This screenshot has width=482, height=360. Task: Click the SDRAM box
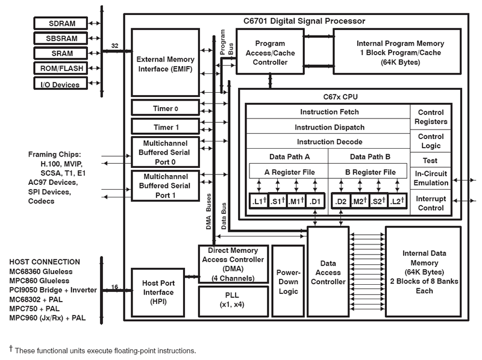click(x=60, y=24)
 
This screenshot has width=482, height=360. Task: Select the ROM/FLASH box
click(x=60, y=69)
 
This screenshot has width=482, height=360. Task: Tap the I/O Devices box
click(x=60, y=84)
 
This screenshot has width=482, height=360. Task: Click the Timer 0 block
click(x=165, y=108)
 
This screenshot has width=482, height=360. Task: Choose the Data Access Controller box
click(x=328, y=272)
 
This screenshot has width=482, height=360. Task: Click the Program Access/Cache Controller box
click(x=270, y=52)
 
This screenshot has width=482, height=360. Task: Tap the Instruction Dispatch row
click(x=329, y=127)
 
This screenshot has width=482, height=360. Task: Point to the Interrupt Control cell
click(x=431, y=203)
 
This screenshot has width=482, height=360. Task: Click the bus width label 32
click(x=116, y=45)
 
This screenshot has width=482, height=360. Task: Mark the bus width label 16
click(x=114, y=287)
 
